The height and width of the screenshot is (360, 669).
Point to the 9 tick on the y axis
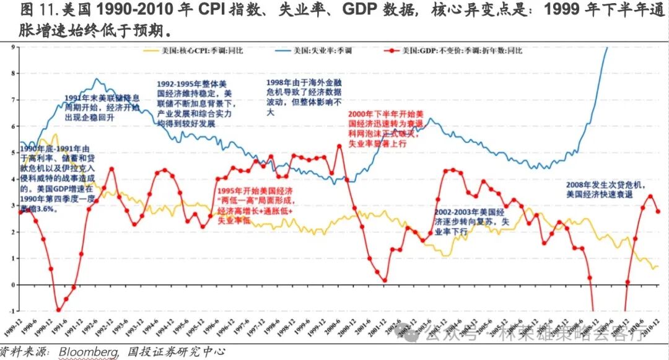click(12, 46)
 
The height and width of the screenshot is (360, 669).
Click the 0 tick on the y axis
click(12, 285)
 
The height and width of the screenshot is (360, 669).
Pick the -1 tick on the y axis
click(12, 311)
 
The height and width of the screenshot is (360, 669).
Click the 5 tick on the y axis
click(12, 152)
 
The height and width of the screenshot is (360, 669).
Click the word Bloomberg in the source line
click(88, 352)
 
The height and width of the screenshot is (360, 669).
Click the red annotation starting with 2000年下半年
click(386, 130)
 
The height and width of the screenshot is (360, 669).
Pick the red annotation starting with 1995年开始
click(253, 206)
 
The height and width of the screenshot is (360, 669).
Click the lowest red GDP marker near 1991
click(59, 310)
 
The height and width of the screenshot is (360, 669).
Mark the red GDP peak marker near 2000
click(339, 146)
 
